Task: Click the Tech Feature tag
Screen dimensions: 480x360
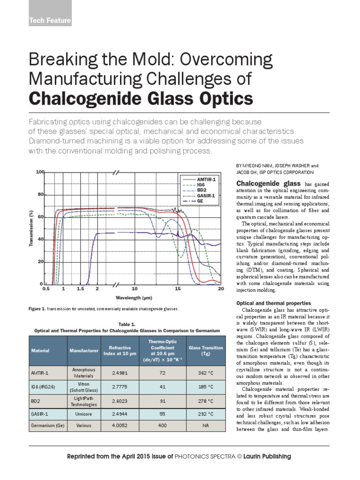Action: coord(50,21)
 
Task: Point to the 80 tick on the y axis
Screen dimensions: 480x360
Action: coord(41,194)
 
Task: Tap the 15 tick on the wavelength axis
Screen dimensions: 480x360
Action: coord(178,289)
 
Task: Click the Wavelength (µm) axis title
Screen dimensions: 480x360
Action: coord(134,298)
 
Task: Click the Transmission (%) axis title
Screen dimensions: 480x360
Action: coord(31,228)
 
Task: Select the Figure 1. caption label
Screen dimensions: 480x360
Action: coord(37,309)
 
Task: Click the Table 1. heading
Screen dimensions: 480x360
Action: coord(127,324)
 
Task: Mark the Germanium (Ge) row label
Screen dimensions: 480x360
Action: coord(48,426)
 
